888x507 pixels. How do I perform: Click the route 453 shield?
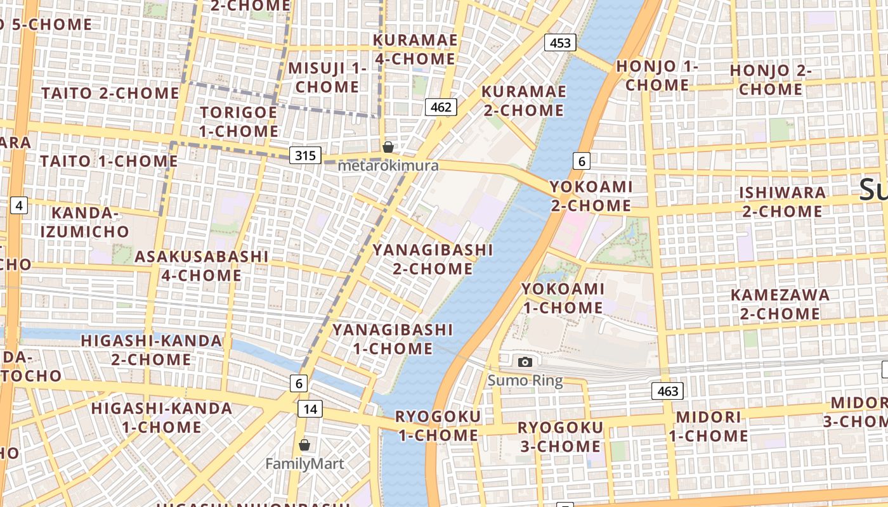click(x=560, y=43)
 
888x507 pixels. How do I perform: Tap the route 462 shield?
click(x=441, y=106)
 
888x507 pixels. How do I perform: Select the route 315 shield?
click(x=305, y=155)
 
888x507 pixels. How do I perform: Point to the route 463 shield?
click(x=668, y=391)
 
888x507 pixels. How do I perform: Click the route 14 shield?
click(x=310, y=409)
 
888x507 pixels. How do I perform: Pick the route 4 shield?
click(x=19, y=205)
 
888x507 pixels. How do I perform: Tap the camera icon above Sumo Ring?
click(x=525, y=362)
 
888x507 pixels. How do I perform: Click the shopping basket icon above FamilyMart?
click(x=304, y=445)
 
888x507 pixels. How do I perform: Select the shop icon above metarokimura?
click(x=388, y=147)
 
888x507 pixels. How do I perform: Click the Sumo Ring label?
click(x=525, y=381)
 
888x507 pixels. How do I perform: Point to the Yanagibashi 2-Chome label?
click(x=433, y=259)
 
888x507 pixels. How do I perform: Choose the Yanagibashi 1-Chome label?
click(x=393, y=339)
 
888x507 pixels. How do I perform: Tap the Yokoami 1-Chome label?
click(x=562, y=298)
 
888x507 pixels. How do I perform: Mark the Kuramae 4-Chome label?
click(x=415, y=49)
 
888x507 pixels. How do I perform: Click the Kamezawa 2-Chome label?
click(x=780, y=304)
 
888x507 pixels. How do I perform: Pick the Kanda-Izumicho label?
click(x=85, y=222)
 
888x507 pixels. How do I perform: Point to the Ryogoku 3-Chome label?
click(x=560, y=437)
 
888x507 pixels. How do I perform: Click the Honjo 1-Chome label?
click(x=657, y=75)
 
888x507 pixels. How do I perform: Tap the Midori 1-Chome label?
click(x=708, y=427)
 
